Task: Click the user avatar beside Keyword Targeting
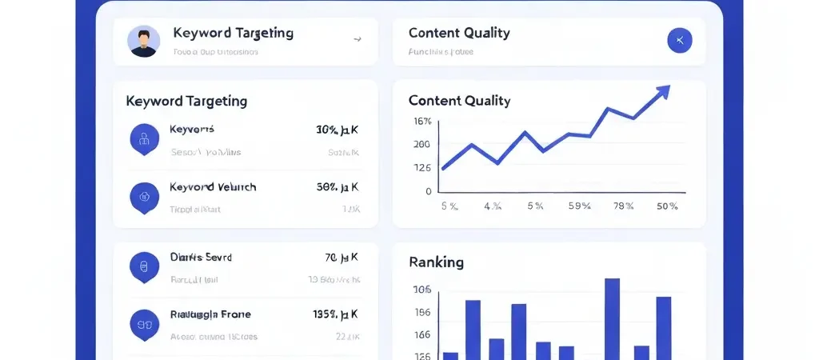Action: click(143, 41)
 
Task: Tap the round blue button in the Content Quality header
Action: click(679, 40)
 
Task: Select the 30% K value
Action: click(337, 130)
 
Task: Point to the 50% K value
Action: click(337, 187)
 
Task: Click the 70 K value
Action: click(342, 258)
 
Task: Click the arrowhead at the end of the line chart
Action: click(661, 94)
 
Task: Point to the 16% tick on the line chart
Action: click(422, 122)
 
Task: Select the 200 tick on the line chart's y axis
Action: click(422, 145)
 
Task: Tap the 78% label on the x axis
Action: click(623, 206)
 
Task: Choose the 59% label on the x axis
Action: click(578, 206)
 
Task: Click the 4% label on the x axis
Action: click(492, 206)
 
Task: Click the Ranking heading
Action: click(436, 262)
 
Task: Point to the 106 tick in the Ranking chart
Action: click(421, 290)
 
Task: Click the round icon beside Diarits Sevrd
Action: click(144, 267)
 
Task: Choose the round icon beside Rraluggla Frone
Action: click(144, 324)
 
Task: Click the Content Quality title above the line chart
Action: click(459, 101)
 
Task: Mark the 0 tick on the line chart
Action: click(429, 192)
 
